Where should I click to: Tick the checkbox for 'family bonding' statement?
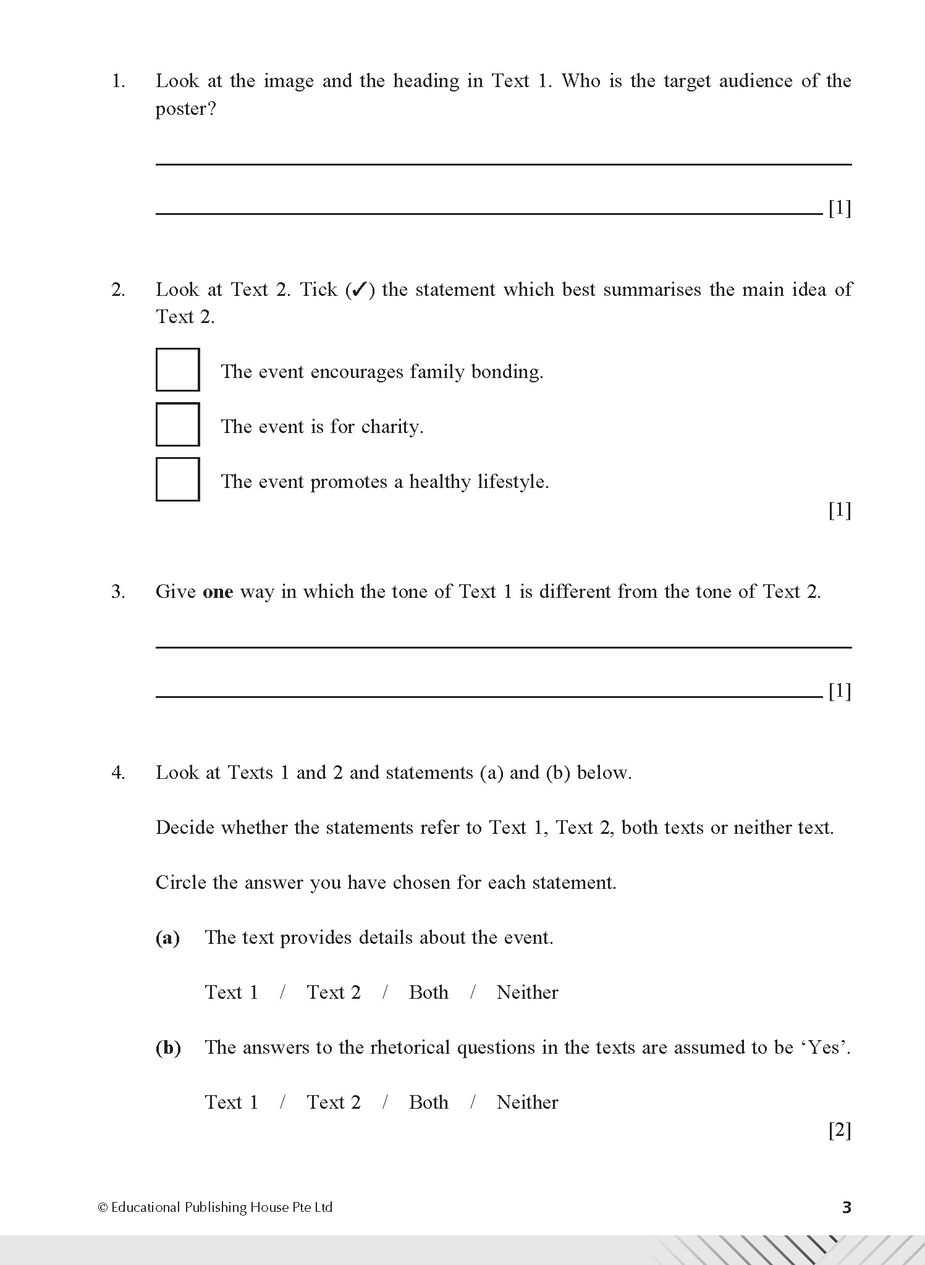coord(177,369)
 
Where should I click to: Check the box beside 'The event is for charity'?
coord(177,424)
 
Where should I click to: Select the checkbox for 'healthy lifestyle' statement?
coord(177,479)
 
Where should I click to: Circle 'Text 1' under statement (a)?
coord(231,993)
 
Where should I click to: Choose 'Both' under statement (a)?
coord(428,993)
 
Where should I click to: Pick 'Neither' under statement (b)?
coord(527,1103)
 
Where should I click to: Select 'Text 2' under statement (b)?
coord(333,1103)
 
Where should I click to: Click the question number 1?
coord(118,81)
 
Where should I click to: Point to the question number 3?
coord(118,592)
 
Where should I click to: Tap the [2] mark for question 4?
coord(839,1130)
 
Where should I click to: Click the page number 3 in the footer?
coord(847,1207)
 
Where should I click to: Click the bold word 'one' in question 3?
coord(218,592)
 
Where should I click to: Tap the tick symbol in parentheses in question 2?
coord(360,290)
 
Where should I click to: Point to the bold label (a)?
coord(167,938)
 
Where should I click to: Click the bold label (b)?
coord(168,1048)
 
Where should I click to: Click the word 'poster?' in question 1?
coord(185,109)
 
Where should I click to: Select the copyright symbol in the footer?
coord(103,1208)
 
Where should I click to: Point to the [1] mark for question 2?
coord(839,510)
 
